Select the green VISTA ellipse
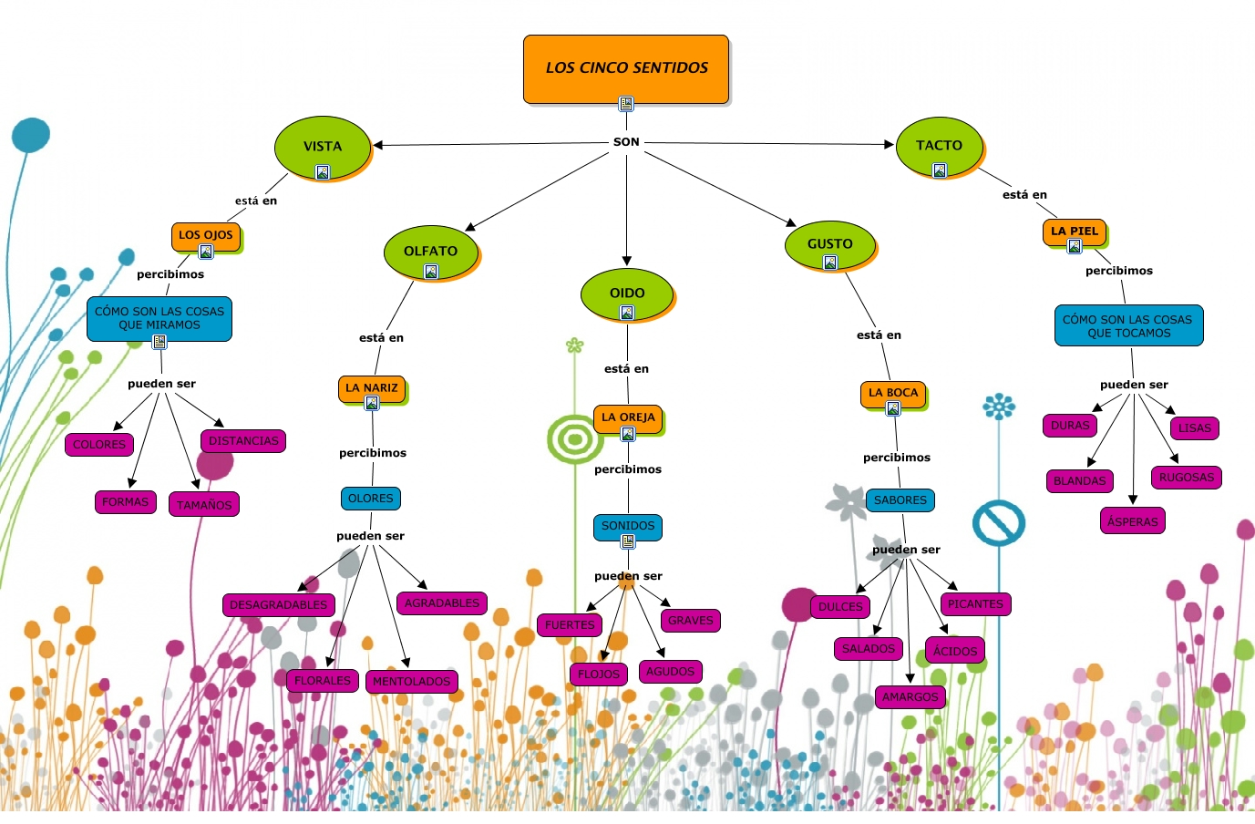[x=323, y=148]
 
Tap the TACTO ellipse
[x=939, y=146]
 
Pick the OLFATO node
[x=430, y=252]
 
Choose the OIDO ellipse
[x=627, y=294]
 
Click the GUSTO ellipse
[x=829, y=244]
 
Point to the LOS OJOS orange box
[x=206, y=236]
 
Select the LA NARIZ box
[x=372, y=389]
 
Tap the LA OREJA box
[x=628, y=418]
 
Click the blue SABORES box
[x=900, y=500]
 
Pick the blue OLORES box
[x=371, y=499]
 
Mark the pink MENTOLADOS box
[x=411, y=682]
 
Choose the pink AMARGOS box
[x=910, y=697]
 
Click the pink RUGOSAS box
[x=1186, y=478]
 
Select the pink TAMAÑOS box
[x=204, y=505]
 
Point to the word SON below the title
[x=626, y=142]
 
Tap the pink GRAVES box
[x=690, y=621]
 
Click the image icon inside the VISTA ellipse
[x=323, y=172]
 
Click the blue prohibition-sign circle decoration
[x=999, y=523]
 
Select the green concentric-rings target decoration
[x=574, y=439]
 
